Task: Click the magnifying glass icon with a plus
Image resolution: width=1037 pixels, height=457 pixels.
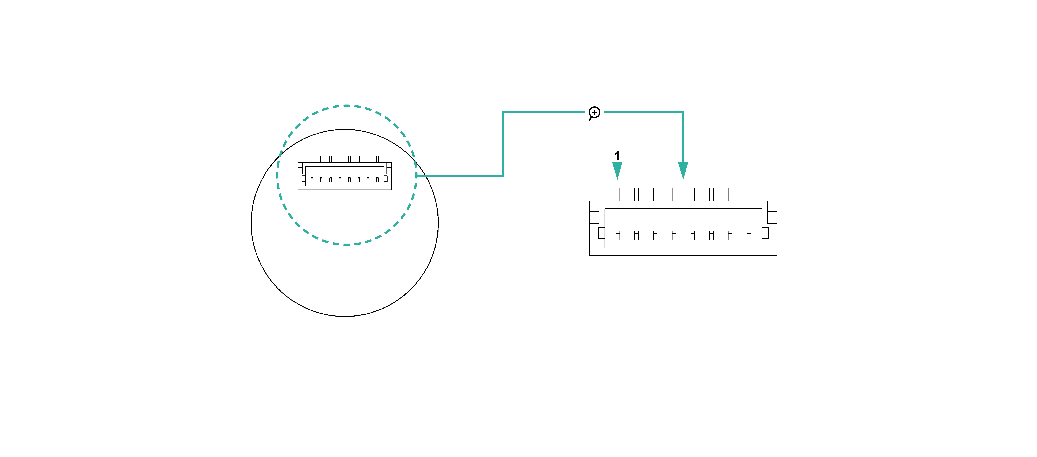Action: point(594,113)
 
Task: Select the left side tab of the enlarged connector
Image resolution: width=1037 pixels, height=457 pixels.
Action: point(601,233)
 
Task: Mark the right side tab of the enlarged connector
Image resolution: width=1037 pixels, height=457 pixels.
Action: point(765,233)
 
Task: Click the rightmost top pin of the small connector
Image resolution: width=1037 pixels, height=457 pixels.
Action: point(377,159)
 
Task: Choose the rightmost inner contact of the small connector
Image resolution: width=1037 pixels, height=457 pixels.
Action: point(377,180)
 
